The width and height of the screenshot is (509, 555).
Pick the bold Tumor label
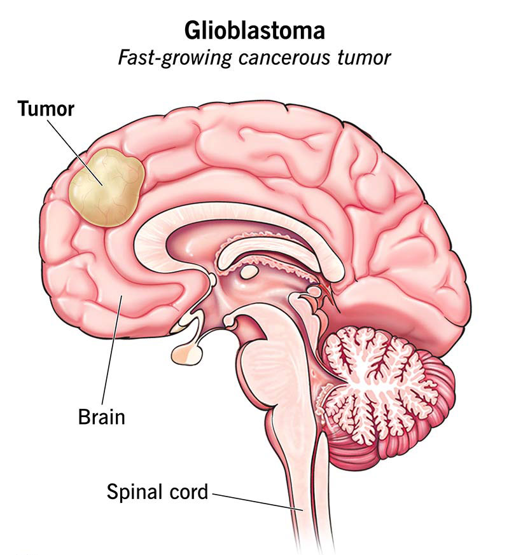pos(46,109)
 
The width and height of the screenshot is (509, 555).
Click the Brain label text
pos(101,417)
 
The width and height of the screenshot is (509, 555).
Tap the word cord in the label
pos(188,491)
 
